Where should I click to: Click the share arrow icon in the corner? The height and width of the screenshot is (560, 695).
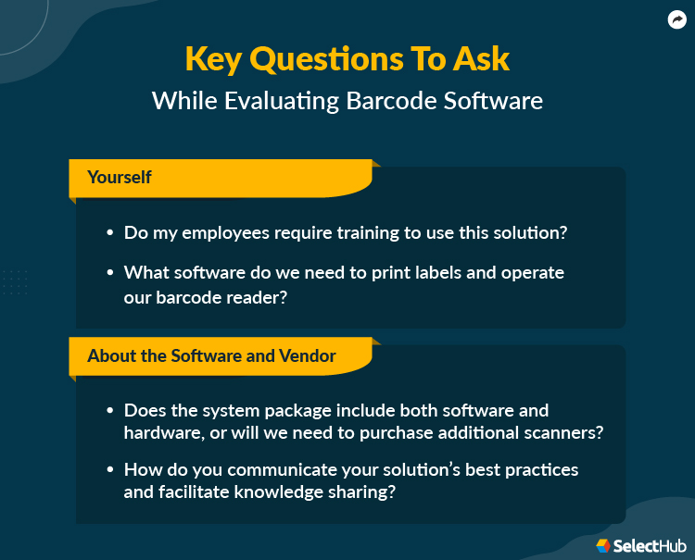(676, 19)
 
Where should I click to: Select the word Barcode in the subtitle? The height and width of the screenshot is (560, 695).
(399, 100)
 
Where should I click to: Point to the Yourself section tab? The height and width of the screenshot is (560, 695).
(120, 177)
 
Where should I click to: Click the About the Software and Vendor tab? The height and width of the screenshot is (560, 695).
(211, 355)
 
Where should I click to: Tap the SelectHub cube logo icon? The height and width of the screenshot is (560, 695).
(603, 545)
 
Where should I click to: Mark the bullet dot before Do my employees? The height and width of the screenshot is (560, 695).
(111, 233)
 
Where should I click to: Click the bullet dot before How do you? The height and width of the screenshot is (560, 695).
(111, 470)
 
